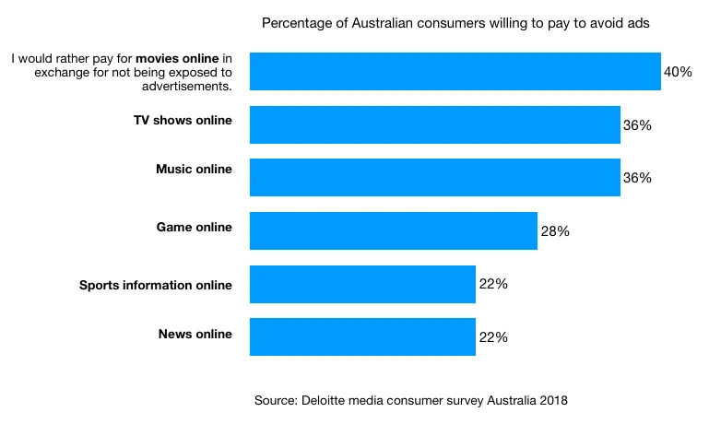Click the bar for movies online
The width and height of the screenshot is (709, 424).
click(455, 71)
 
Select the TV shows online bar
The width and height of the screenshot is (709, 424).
click(435, 124)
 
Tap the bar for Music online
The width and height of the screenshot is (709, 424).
click(435, 177)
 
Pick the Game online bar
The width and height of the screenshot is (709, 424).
click(394, 230)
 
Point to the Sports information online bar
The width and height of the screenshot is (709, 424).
click(362, 284)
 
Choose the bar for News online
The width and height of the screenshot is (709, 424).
click(362, 336)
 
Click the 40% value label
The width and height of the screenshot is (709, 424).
click(678, 71)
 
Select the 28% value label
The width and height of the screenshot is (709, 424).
click(555, 231)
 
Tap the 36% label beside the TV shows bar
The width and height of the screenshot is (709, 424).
click(637, 124)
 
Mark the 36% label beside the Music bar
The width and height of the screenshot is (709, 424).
click(637, 178)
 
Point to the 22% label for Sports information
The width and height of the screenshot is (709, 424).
click(493, 284)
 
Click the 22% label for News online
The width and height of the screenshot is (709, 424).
click(493, 337)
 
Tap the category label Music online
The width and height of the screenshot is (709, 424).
click(194, 170)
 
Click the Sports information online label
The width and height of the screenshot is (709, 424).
click(156, 285)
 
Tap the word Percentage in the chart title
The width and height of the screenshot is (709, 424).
click(293, 22)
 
